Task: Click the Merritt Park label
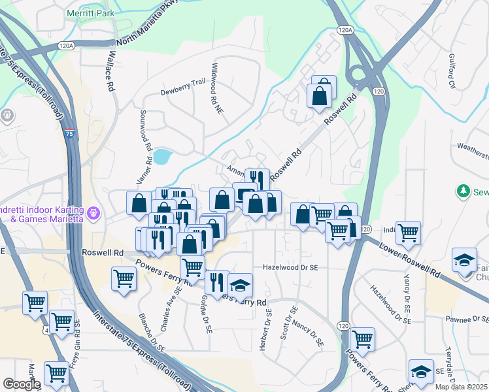89,13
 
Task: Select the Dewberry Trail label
184,88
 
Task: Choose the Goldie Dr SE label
207,316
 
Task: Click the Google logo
22,384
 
